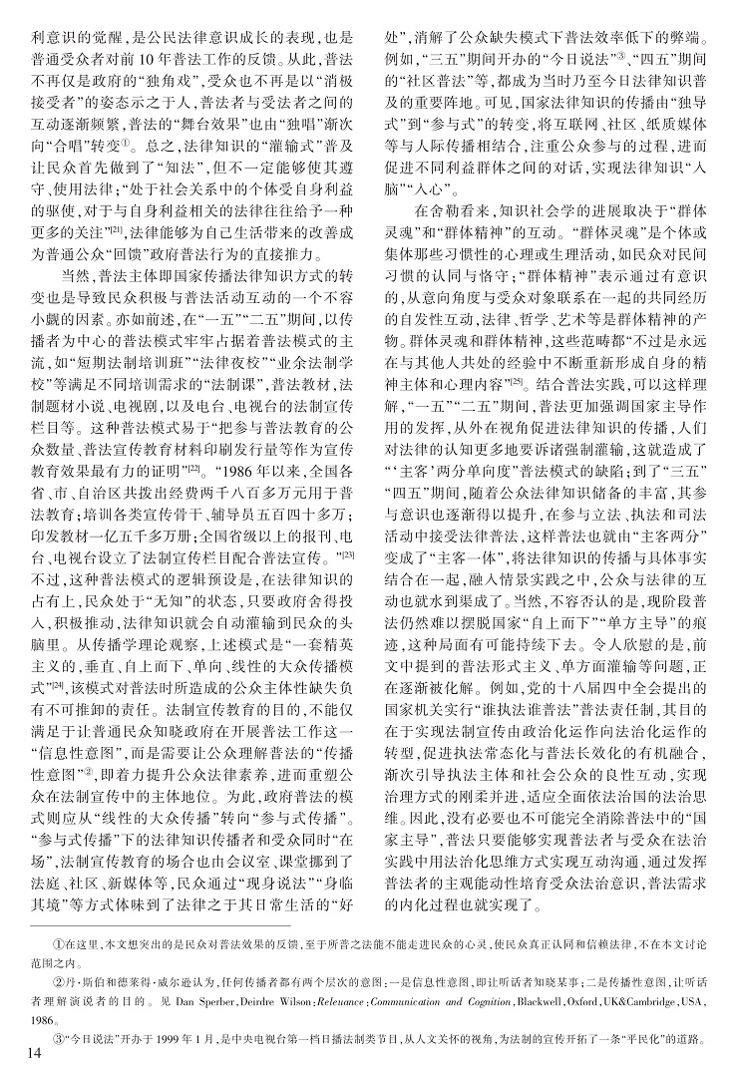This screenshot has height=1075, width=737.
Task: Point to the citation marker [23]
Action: (351, 552)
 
